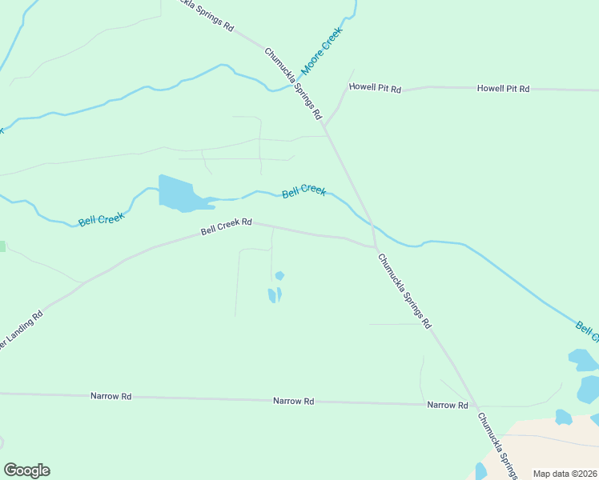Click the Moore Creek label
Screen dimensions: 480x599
pos(321,53)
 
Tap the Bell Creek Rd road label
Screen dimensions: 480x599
pos(227,227)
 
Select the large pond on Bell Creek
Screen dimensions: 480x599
pos(179,194)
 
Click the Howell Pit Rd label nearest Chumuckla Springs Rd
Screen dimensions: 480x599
pos(374,88)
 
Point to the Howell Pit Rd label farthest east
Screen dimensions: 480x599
pos(503,89)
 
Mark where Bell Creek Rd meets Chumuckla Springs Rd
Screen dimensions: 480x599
pos(375,246)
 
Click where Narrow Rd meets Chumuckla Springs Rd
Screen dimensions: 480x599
pos(472,406)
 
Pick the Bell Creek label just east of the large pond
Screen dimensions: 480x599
pos(304,192)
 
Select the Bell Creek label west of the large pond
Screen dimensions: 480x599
pos(101,218)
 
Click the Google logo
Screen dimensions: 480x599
pos(26,470)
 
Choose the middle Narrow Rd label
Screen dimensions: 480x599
pos(293,401)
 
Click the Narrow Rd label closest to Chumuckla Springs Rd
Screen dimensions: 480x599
pos(447,406)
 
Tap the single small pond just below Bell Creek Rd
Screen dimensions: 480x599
pos(279,276)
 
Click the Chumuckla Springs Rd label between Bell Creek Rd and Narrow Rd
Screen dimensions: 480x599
pos(404,291)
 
